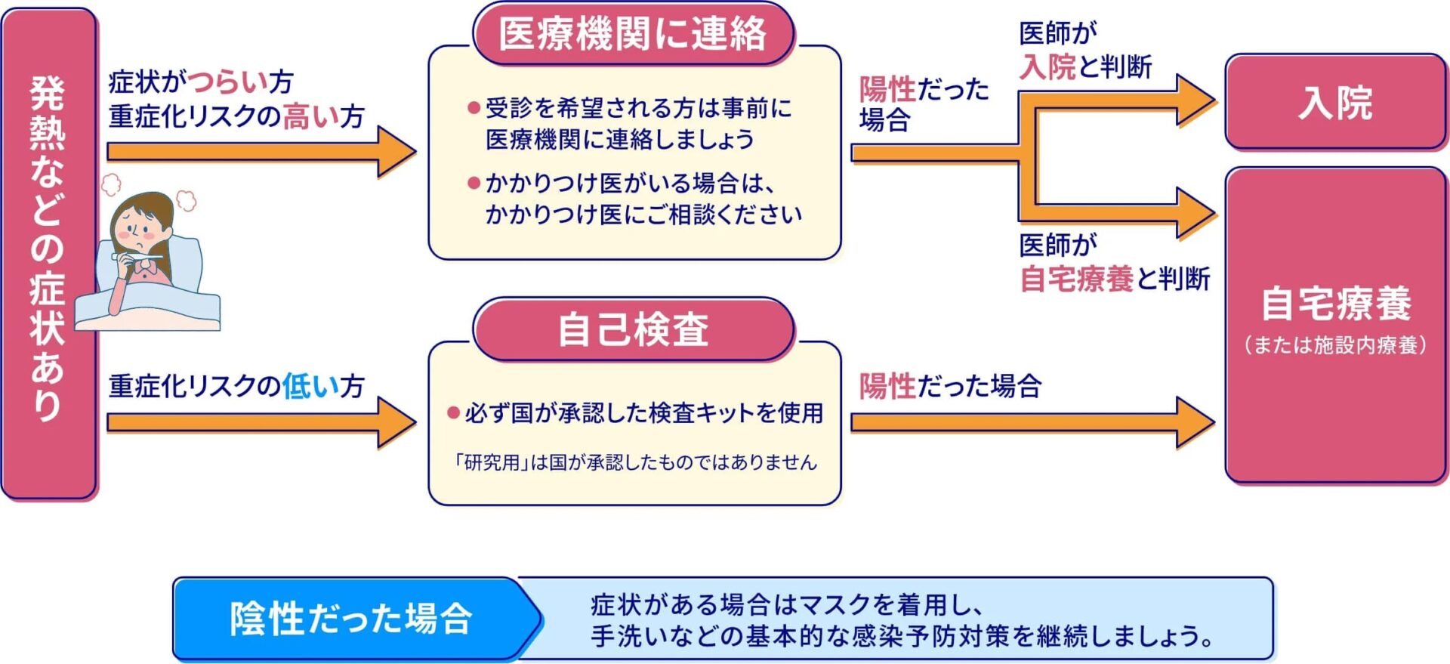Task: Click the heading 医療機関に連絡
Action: pyautogui.click(x=633, y=35)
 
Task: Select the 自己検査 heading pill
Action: pyautogui.click(x=633, y=330)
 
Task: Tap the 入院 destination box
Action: pyautogui.click(x=1334, y=103)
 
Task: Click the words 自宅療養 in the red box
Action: pyautogui.click(x=1335, y=304)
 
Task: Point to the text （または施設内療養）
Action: pyautogui.click(x=1335, y=345)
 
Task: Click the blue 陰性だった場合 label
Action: pyautogui.click(x=351, y=619)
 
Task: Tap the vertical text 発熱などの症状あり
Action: pyautogui.click(x=47, y=249)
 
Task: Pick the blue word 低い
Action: pyautogui.click(x=310, y=386)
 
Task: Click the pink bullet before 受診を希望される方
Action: pyautogui.click(x=474, y=108)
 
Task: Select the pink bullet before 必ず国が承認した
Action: pyautogui.click(x=453, y=412)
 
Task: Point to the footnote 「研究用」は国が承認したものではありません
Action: pyautogui.click(x=634, y=462)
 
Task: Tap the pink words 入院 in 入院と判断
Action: pyautogui.click(x=1047, y=67)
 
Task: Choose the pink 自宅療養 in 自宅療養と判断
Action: pyautogui.click(x=1076, y=279)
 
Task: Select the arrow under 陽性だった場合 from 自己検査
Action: pyautogui.click(x=1031, y=422)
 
